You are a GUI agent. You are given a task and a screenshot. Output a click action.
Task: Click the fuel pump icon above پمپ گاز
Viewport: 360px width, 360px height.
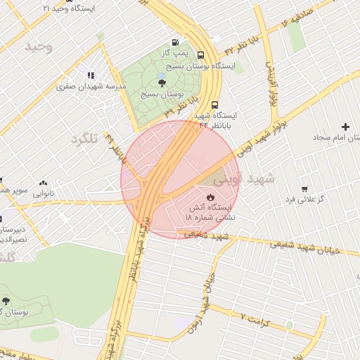pyautogui.click(x=174, y=42)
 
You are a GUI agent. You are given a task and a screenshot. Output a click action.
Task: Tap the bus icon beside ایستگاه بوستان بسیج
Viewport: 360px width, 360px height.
pyautogui.click(x=202, y=55)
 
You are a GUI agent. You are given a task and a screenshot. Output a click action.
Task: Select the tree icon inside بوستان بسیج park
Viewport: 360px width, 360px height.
pyautogui.click(x=162, y=82)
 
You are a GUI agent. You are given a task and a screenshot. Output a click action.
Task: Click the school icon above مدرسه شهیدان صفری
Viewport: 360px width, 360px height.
pyautogui.click(x=91, y=75)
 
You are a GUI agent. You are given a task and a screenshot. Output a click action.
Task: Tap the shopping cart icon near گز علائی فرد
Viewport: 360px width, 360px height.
pyautogui.click(x=304, y=188)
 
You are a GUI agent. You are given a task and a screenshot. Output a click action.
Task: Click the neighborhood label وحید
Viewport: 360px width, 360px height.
pyautogui.click(x=39, y=46)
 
